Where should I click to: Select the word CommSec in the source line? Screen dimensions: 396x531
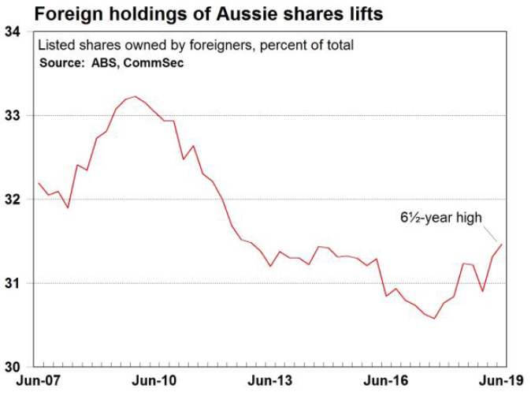pos(158,62)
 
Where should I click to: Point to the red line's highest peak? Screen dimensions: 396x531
pos(136,96)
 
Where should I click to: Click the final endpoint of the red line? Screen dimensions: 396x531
pos(502,245)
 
